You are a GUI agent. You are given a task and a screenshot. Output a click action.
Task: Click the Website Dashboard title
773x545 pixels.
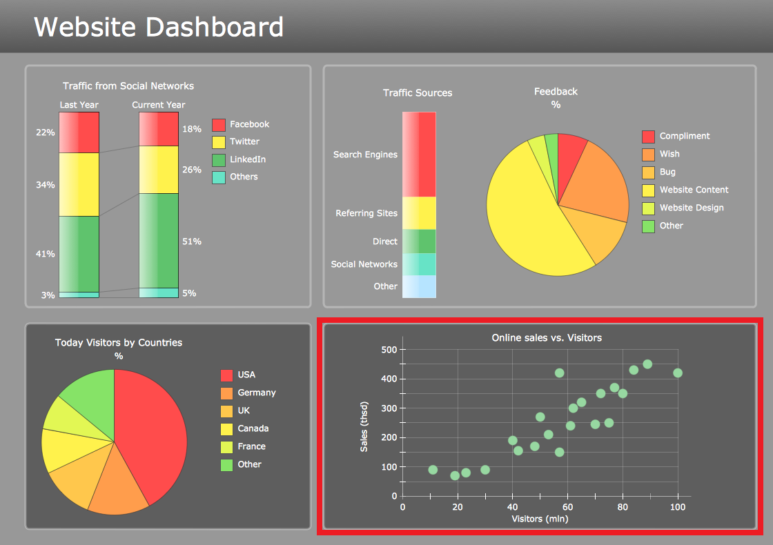pyautogui.click(x=159, y=28)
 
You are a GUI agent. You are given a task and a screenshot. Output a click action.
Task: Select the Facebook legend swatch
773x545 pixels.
pyautogui.click(x=218, y=125)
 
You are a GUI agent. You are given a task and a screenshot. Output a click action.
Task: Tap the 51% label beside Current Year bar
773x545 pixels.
pyautogui.click(x=192, y=241)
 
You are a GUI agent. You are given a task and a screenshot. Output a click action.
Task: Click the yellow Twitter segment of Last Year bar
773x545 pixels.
pyautogui.click(x=79, y=184)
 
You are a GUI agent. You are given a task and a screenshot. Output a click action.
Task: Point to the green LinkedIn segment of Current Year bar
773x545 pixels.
pyautogui.click(x=159, y=240)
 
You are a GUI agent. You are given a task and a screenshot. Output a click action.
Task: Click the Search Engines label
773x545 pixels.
pyautogui.click(x=365, y=155)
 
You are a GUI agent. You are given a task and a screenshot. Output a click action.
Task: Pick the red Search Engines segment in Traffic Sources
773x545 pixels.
pyautogui.click(x=419, y=154)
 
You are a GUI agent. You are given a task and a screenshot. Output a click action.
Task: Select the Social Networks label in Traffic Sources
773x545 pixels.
pyautogui.click(x=364, y=264)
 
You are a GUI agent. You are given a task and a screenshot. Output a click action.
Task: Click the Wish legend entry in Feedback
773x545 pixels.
pyautogui.click(x=669, y=154)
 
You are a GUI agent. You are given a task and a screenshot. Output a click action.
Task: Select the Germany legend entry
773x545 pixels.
pyautogui.click(x=256, y=393)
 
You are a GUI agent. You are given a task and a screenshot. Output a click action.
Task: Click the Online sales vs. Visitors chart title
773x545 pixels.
pyautogui.click(x=547, y=337)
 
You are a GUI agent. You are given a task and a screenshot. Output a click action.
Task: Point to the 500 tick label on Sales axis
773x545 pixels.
pyautogui.click(x=389, y=350)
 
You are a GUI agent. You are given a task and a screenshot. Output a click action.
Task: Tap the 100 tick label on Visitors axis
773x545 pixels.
pyautogui.click(x=678, y=507)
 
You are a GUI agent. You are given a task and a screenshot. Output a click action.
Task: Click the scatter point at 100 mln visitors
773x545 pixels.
pyautogui.click(x=678, y=373)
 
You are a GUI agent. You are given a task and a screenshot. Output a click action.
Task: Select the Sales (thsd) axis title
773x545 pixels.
pyautogui.click(x=364, y=427)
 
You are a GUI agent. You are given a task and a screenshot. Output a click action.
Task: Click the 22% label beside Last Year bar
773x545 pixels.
pyautogui.click(x=46, y=132)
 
